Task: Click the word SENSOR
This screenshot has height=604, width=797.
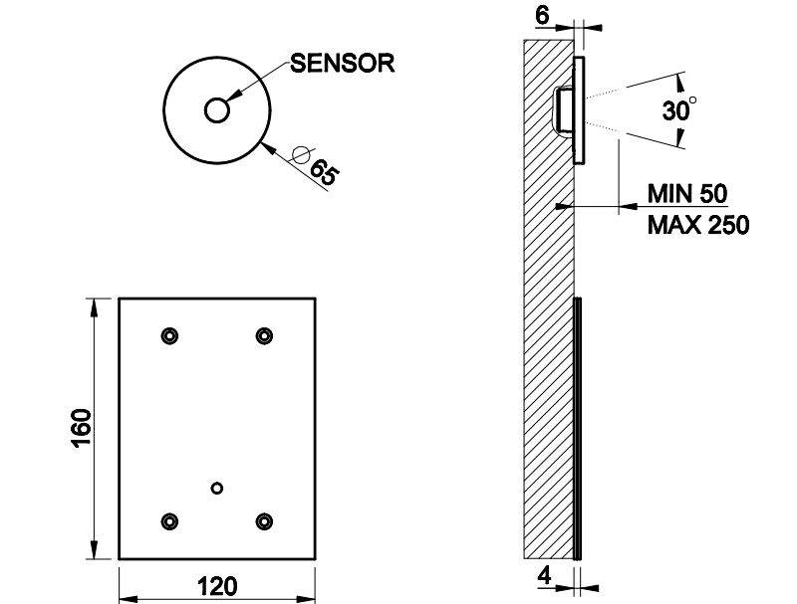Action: (x=342, y=64)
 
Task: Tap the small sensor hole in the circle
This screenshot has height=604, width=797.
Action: (x=216, y=109)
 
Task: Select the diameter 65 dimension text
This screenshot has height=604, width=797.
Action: (x=324, y=170)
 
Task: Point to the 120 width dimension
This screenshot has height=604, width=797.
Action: (x=216, y=586)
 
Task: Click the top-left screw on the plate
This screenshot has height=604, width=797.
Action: (x=169, y=336)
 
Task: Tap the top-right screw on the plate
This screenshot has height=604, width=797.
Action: (x=264, y=336)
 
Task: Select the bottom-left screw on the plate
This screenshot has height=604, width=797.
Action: (x=169, y=520)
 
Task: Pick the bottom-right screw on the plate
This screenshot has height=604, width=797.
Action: (x=264, y=520)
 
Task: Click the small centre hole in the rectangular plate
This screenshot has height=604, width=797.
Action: (x=217, y=487)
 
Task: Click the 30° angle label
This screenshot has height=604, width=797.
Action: (x=678, y=110)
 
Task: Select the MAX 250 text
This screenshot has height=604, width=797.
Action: (x=698, y=225)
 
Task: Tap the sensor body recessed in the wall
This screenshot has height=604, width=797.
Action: (x=564, y=107)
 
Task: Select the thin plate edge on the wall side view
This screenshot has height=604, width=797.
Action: (x=577, y=428)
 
